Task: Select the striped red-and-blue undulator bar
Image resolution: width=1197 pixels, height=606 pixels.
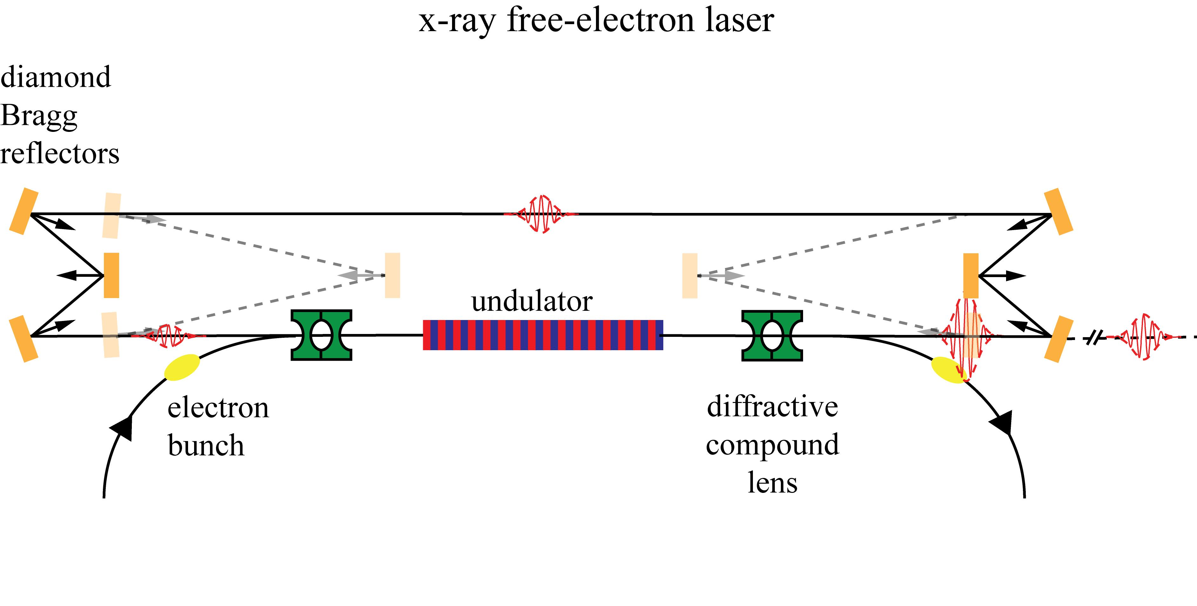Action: pyautogui.click(x=543, y=335)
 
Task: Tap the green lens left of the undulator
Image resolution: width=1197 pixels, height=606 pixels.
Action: pyautogui.click(x=321, y=335)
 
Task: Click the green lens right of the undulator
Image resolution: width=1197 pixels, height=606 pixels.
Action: pyautogui.click(x=772, y=335)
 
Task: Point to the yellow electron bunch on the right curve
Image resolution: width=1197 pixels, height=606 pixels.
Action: pyautogui.click(x=948, y=370)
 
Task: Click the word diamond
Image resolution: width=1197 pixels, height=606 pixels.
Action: pyautogui.click(x=56, y=77)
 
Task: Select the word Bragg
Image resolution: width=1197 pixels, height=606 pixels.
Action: pyautogui.click(x=39, y=116)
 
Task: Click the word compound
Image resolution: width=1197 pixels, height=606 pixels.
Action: pyautogui.click(x=772, y=445)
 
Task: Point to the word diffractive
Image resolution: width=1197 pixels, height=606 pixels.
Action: pyautogui.click(x=772, y=407)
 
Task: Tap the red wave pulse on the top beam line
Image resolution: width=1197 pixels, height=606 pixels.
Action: pyautogui.click(x=540, y=214)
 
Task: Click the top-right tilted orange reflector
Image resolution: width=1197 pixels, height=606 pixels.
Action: pyautogui.click(x=1058, y=211)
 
